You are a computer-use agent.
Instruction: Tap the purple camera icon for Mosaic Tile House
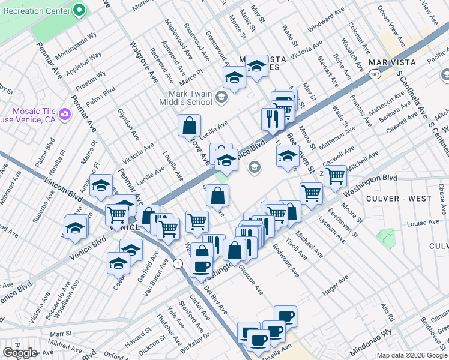(64, 114)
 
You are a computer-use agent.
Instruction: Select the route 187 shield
(375, 73)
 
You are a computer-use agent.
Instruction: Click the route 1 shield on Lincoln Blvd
(178, 263)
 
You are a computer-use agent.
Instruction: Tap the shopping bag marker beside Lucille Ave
(190, 126)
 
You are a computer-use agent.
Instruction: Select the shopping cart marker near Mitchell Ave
(335, 175)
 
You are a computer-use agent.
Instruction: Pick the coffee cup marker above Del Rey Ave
(201, 265)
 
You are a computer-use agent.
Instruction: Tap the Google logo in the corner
(20, 353)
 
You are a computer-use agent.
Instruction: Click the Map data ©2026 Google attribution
(412, 355)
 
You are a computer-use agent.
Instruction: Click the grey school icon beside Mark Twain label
(221, 97)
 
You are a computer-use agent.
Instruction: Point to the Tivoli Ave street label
(295, 250)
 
